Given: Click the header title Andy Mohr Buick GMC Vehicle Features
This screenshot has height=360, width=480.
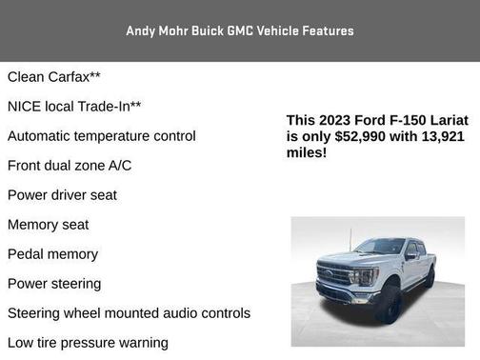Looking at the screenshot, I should tap(240, 31).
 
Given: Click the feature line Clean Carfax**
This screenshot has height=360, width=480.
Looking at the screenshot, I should tap(53, 77).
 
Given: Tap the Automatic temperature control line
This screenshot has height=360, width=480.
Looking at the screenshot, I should tap(102, 136).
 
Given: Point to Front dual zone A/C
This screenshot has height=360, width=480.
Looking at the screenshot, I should tap(70, 166).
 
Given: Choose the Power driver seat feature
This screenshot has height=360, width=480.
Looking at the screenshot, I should tap(62, 195).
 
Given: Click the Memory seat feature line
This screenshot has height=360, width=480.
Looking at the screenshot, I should tap(48, 225).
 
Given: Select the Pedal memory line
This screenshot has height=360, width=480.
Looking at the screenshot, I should tap(52, 254).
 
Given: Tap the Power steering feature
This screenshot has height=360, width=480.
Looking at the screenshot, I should tap(54, 284).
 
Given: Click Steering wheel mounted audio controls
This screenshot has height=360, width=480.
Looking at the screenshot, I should tap(129, 313).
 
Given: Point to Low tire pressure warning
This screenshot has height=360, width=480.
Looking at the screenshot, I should tap(88, 343).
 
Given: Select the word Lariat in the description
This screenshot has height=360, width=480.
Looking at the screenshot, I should tap(445, 120).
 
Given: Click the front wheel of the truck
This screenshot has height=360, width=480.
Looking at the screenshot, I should tap(389, 304).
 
